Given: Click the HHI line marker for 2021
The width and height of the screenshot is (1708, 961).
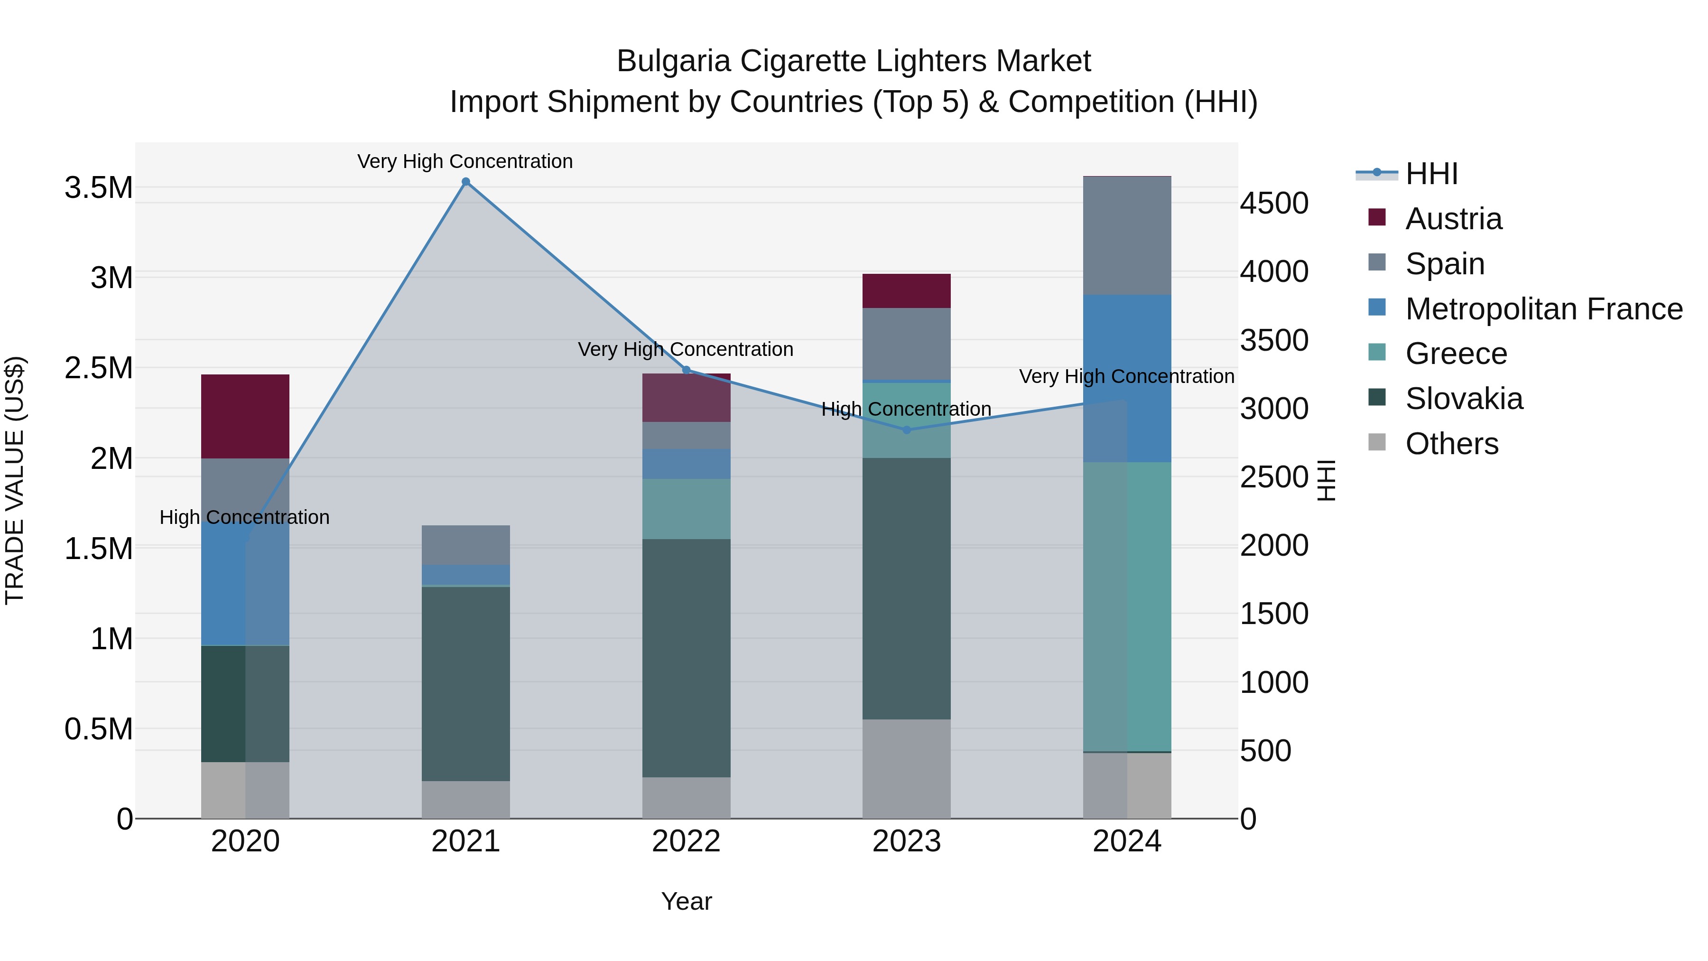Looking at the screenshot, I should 465,182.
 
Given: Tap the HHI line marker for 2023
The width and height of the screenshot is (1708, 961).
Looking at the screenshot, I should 906,430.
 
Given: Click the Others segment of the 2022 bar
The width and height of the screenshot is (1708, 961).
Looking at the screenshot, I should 686,797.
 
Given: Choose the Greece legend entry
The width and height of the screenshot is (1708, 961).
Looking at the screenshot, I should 1456,354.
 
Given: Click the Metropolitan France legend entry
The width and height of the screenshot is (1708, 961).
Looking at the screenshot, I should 1543,309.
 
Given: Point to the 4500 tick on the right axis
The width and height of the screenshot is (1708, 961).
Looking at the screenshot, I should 1274,203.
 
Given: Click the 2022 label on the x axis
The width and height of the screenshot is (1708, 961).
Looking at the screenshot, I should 686,841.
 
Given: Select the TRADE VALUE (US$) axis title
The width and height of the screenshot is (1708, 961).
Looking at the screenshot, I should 15,480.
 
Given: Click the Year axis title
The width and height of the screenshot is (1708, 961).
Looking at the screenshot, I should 686,901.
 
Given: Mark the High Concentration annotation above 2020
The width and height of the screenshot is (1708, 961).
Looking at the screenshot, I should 245,517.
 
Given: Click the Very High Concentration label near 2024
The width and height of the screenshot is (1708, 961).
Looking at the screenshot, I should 1126,376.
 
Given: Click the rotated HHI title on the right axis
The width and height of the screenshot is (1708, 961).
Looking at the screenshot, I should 1326,480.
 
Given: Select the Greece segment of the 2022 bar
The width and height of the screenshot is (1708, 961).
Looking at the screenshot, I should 686,509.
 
